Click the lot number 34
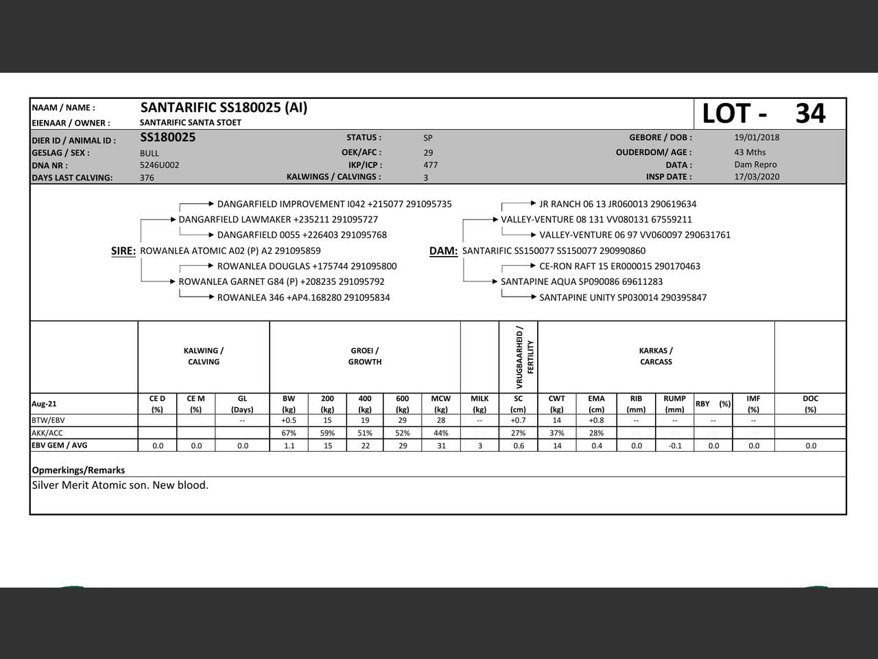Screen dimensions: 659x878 [x=810, y=113]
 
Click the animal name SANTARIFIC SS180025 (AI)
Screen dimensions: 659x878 [x=224, y=108]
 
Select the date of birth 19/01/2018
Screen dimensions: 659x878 [x=757, y=137]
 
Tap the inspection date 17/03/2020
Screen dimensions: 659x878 [x=757, y=176]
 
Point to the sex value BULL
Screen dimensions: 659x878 [x=149, y=153]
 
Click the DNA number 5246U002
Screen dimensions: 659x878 [x=159, y=165]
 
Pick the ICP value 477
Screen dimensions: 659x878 [x=430, y=165]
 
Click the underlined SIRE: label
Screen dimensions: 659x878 [x=123, y=251]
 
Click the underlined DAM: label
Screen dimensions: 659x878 [x=443, y=251]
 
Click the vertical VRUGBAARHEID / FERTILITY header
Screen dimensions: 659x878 [x=525, y=357]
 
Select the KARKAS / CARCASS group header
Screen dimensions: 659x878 [x=656, y=356]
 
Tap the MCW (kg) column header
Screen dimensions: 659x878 [x=441, y=404]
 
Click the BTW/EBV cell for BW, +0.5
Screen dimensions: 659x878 [x=289, y=420]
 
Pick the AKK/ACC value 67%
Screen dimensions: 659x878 [x=289, y=433]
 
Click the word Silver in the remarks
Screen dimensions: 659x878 [x=47, y=485]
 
